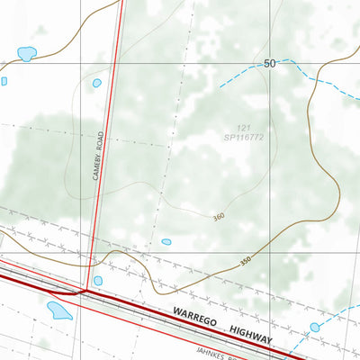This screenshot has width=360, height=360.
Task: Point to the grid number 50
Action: (270, 63)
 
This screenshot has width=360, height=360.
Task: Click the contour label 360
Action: (220, 217)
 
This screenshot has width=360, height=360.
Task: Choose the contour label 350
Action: (246, 262)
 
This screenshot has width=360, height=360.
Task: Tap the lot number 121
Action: (243, 128)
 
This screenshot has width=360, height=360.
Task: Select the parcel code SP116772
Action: (243, 138)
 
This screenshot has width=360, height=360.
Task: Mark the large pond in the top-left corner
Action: (27, 54)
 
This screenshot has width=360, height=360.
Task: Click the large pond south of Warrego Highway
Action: (59, 311)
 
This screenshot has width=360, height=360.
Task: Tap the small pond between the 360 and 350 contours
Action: (166, 241)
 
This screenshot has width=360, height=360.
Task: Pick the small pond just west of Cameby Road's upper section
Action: (97, 83)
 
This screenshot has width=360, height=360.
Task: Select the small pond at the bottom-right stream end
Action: (314, 327)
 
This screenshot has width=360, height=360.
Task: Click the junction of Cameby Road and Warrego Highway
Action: (85, 289)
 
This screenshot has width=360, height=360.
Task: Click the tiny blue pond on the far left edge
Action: (4, 81)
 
